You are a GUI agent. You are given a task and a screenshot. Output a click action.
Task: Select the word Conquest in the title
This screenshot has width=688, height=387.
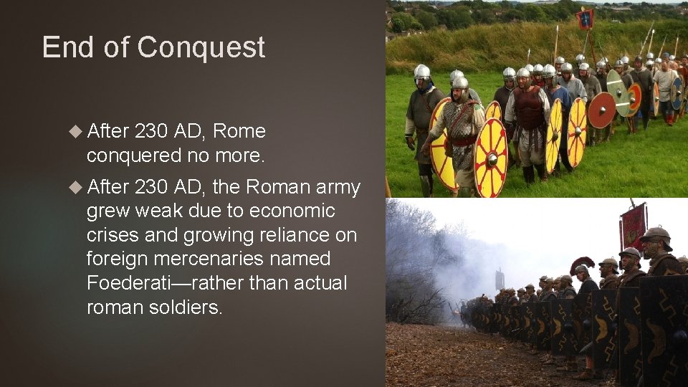(x=201, y=47)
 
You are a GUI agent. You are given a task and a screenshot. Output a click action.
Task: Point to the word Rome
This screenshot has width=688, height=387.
(x=239, y=131)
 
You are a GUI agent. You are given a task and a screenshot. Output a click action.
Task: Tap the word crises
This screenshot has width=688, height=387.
(x=112, y=235)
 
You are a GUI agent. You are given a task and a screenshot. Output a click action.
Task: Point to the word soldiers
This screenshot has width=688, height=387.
(x=187, y=307)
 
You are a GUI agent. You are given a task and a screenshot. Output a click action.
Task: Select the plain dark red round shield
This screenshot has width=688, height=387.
(x=601, y=110)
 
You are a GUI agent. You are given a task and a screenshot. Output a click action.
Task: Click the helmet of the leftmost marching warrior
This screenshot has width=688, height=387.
(x=422, y=72)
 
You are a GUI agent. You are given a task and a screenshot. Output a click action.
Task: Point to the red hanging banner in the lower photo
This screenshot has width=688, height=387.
(x=634, y=226)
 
